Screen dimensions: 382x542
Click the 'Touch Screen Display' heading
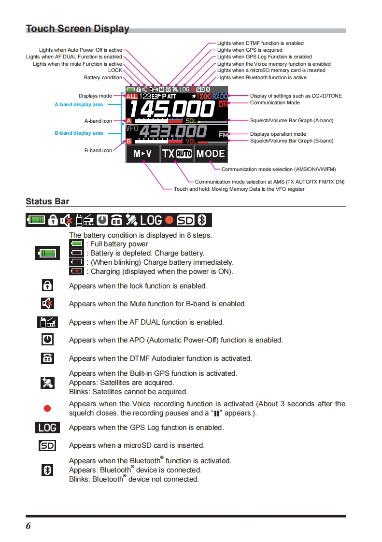click(x=77, y=29)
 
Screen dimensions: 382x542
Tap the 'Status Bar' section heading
click(x=47, y=201)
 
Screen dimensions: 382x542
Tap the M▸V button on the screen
click(x=142, y=154)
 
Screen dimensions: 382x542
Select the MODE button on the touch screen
click(x=211, y=154)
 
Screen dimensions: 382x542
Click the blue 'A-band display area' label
click(x=79, y=104)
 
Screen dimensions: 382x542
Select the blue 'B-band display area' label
click(x=79, y=133)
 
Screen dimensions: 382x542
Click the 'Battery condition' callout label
click(x=103, y=77)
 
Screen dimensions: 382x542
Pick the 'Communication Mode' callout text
click(x=275, y=102)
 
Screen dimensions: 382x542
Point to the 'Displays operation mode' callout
click(x=278, y=134)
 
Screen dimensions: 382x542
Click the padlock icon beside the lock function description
click(x=47, y=285)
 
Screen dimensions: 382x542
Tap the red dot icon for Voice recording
click(x=47, y=408)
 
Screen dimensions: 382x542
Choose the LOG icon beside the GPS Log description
click(x=47, y=428)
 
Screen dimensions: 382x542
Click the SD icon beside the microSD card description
click(x=47, y=445)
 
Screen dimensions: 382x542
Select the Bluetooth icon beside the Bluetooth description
click(x=47, y=470)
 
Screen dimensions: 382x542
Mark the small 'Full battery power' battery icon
click(x=76, y=244)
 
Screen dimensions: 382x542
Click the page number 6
click(x=28, y=526)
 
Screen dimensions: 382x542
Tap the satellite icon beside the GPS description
click(x=47, y=383)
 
